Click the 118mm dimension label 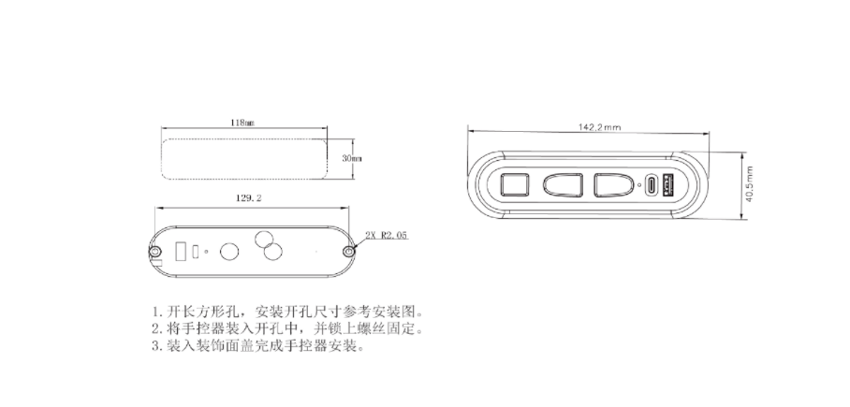242,123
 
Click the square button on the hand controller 515,184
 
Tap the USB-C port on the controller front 650,185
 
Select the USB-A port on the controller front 668,185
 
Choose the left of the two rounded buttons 564,185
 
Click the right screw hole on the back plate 349,252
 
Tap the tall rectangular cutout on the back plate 180,252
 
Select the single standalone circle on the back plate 227,251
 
